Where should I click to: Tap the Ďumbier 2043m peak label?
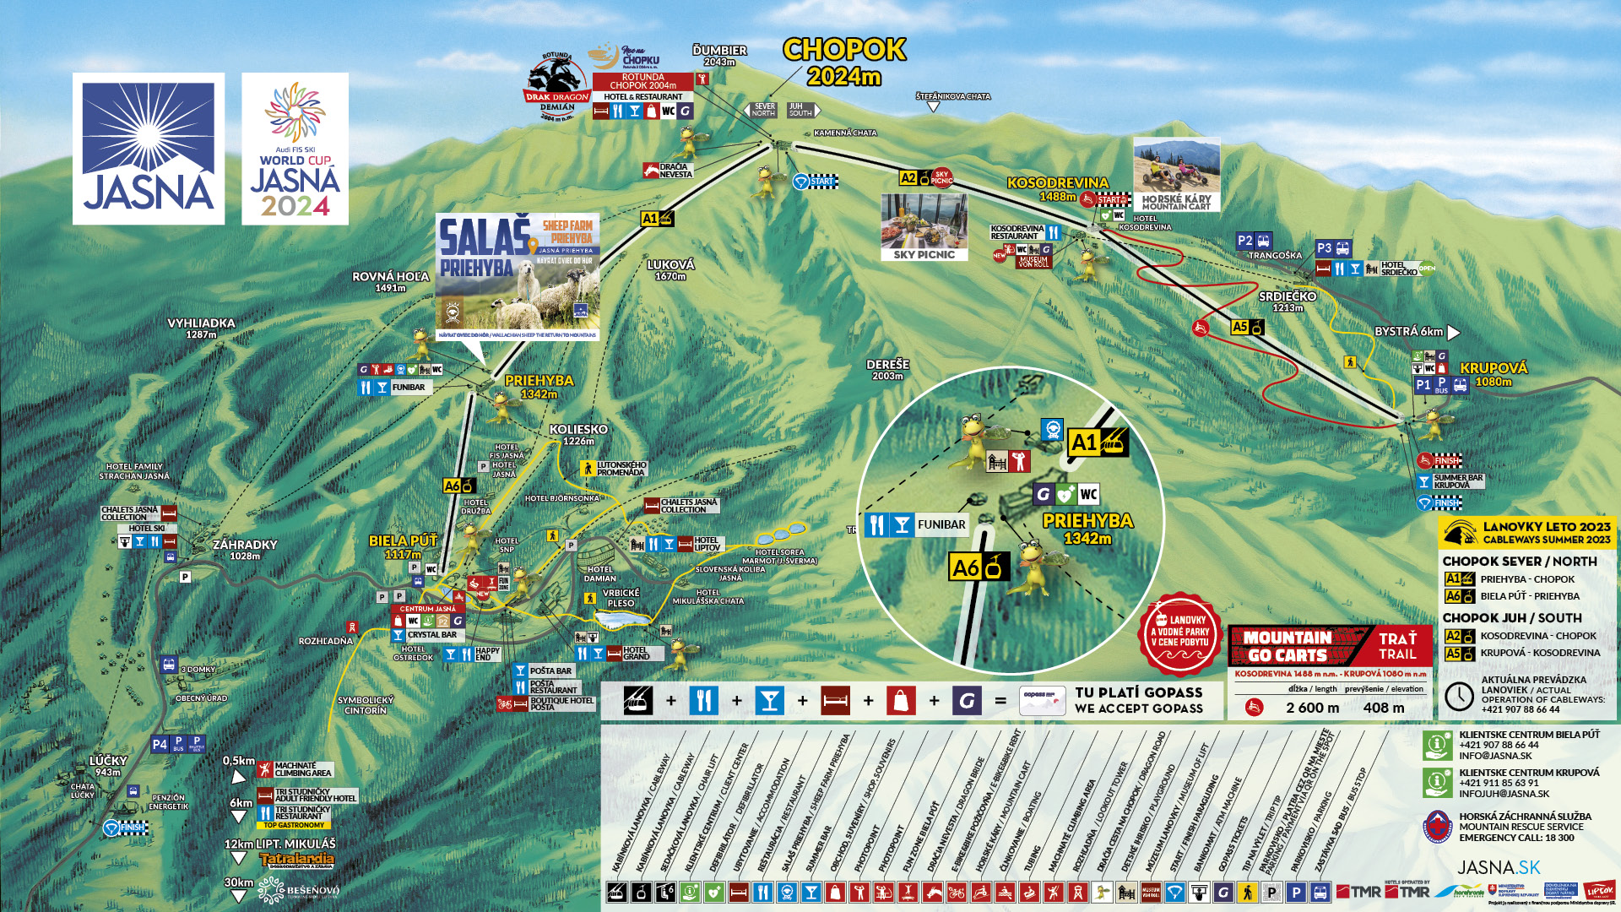point(719,56)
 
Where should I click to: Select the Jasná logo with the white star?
point(149,149)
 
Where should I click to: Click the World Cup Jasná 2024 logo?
point(295,149)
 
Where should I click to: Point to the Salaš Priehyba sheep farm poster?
point(518,276)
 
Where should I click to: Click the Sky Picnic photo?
point(924,227)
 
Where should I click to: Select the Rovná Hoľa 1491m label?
point(390,282)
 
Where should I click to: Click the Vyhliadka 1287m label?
point(201,328)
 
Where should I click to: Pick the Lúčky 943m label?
point(108,766)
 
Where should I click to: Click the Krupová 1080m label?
point(1494,374)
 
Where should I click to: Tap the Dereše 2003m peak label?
point(887,370)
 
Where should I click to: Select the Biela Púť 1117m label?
point(403,547)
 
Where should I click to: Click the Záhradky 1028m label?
point(245,550)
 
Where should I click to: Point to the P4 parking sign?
point(160,745)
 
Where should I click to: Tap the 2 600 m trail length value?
point(1312,708)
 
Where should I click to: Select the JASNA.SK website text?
point(1499,867)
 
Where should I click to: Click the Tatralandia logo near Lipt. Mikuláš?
point(296,860)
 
